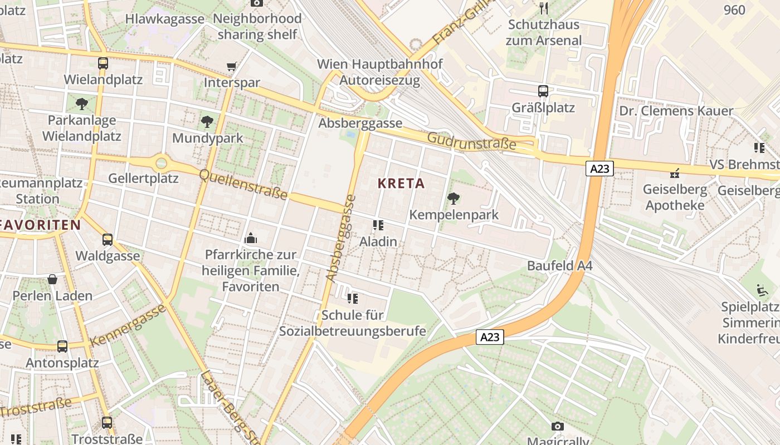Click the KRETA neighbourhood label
401,184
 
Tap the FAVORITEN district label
41,225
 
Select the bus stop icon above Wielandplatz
103,63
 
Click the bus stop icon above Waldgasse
108,240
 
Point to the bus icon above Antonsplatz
62,347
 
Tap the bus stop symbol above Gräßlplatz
543,91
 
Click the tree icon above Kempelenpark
454,198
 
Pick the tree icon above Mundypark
207,121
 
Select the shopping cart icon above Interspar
231,67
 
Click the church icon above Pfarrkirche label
251,239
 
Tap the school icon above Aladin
378,225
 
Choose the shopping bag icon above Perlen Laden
52,279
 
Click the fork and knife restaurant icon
544,8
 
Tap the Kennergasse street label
128,325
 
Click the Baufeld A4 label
559,266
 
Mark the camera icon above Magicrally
557,427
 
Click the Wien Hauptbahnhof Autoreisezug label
379,72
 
